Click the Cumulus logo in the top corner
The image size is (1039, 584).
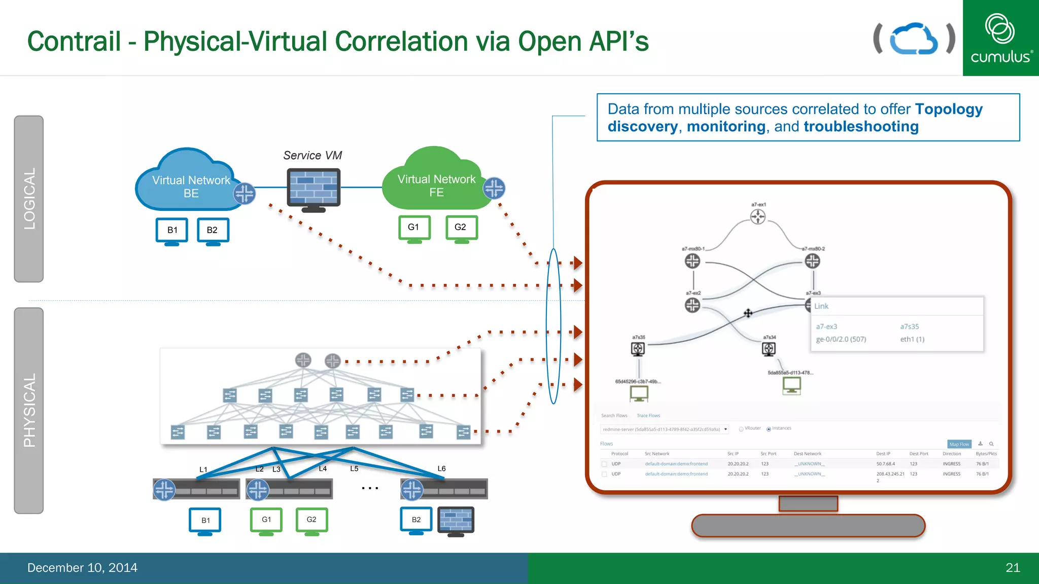[1000, 38]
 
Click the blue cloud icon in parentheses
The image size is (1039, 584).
[914, 39]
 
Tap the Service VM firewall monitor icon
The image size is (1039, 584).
[314, 189]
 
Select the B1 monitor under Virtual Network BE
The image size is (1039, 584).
[172, 231]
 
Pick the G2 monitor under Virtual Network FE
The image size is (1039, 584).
[461, 228]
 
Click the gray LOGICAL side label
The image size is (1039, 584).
[29, 199]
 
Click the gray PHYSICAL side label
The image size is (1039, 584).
[29, 410]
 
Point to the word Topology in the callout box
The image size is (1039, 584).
[949, 109]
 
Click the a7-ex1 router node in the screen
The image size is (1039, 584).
[758, 217]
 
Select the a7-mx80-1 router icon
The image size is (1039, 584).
[692, 261]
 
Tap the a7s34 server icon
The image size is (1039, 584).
[769, 349]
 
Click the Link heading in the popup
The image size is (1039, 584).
[821, 306]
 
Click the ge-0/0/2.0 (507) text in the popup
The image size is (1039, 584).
[841, 339]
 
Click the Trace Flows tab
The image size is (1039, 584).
[648, 416]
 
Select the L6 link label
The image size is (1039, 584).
[441, 468]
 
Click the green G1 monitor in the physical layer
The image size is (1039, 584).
[266, 520]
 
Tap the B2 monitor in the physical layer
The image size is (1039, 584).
[416, 520]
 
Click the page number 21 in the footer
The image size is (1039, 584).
[1013, 568]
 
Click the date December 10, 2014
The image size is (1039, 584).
[82, 568]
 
